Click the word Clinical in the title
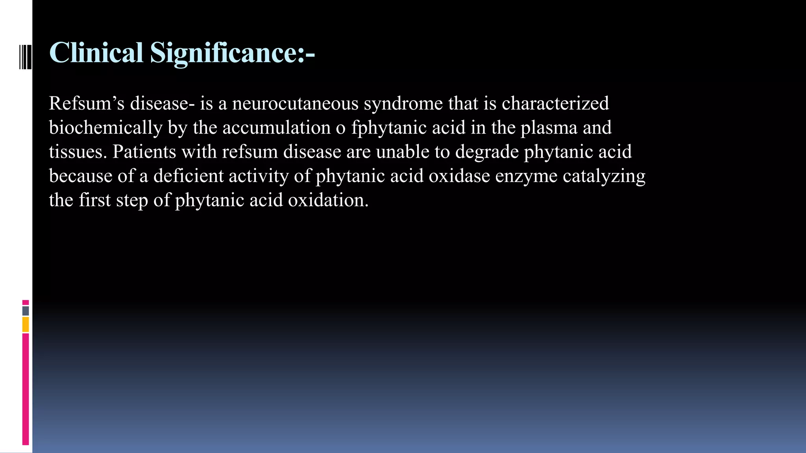[96, 53]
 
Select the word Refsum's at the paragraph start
[87, 103]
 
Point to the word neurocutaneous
[295, 103]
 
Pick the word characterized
[555, 103]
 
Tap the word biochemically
[105, 128]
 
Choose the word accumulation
[276, 128]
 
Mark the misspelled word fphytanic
[389, 128]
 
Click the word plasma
[549, 128]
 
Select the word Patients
[144, 152]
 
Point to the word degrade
[487, 152]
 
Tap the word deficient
[189, 176]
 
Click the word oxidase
[459, 176]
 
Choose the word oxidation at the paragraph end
[328, 200]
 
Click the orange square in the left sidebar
[26, 325]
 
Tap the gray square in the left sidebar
[26, 311]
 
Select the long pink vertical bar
[26, 389]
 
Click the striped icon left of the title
[25, 57]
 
